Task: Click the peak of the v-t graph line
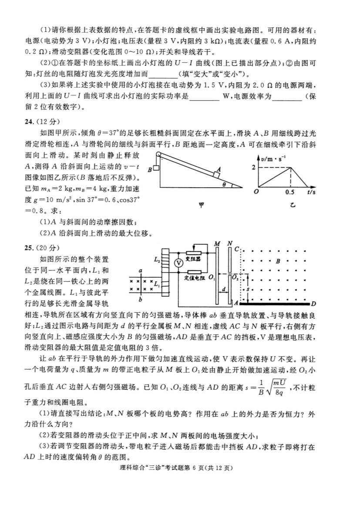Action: point(290,168)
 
